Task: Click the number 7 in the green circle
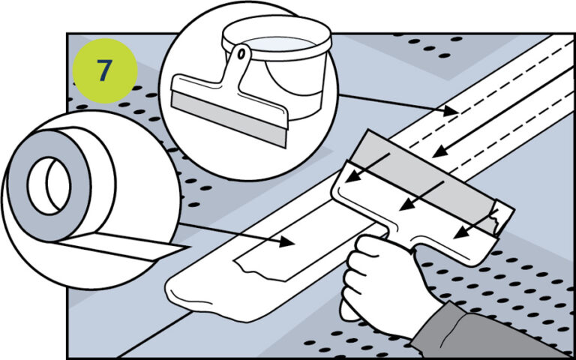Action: [104, 70]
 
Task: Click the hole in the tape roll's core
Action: [48, 183]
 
